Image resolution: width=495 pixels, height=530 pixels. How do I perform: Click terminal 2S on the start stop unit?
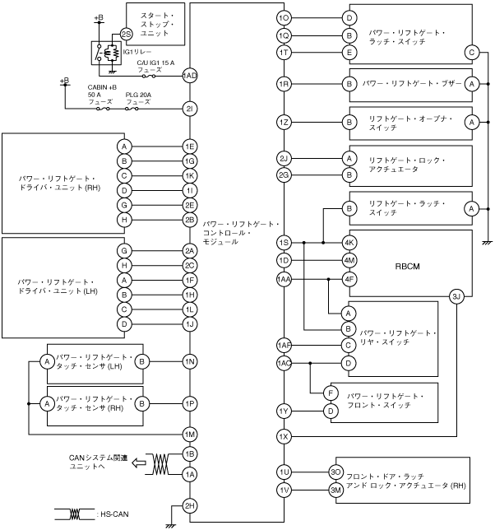point(125,34)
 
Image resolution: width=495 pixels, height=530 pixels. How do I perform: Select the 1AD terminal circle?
point(190,75)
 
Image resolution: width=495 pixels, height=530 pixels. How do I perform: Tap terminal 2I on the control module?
point(190,109)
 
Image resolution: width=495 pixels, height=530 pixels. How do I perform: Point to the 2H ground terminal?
point(190,505)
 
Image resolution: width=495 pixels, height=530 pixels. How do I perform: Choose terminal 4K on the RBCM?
point(349,243)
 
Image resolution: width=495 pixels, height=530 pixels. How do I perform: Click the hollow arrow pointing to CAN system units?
point(140,463)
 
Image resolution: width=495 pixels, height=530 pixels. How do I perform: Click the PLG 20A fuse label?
point(137,96)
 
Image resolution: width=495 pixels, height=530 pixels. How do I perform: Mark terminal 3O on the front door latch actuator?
point(335,472)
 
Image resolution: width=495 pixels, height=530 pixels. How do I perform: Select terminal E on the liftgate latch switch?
point(349,53)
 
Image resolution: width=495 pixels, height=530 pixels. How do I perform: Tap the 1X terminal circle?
point(285,435)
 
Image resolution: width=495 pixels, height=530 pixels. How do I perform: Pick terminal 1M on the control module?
point(190,434)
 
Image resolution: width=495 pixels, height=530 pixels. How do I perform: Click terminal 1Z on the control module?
point(285,122)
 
